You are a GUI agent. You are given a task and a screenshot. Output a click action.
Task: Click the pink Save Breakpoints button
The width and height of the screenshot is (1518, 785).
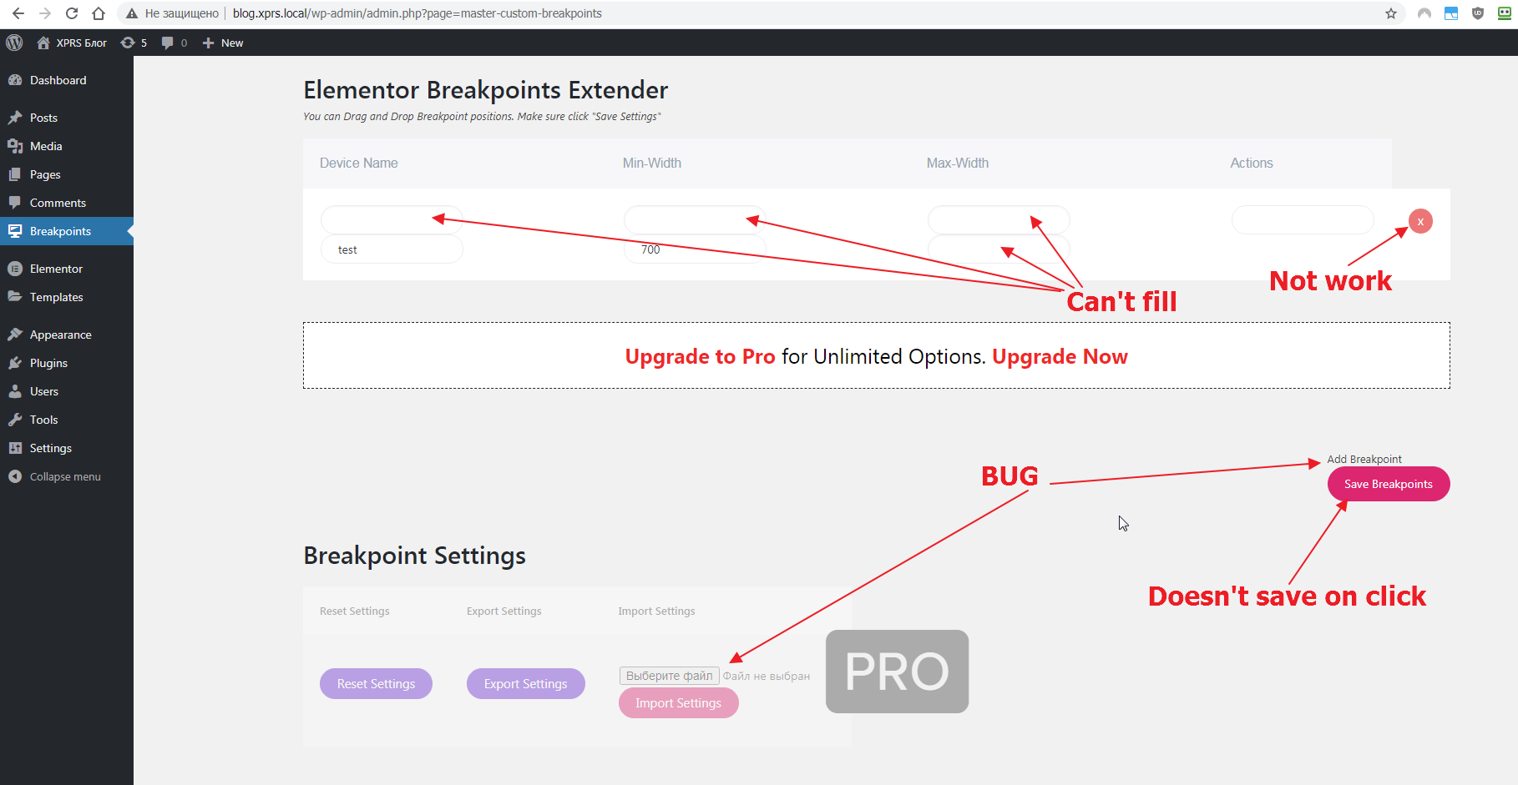[1389, 484]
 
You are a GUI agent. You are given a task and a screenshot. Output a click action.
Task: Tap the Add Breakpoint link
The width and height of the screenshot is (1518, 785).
[1364, 459]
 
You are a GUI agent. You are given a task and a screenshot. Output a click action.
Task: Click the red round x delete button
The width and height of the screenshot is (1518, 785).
[1420, 221]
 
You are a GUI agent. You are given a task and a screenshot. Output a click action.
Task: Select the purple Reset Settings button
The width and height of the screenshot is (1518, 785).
[376, 684]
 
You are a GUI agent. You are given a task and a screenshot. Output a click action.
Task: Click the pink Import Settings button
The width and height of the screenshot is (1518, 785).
[678, 703]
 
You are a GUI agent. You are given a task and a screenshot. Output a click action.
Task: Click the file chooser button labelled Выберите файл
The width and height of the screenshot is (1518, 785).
[669, 676]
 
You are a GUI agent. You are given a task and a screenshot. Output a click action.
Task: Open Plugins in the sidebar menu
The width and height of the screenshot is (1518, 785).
[48, 363]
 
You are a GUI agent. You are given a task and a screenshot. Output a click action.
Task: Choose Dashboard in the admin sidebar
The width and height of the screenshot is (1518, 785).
[58, 80]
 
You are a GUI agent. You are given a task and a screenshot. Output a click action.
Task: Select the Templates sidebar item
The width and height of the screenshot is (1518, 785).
[56, 297]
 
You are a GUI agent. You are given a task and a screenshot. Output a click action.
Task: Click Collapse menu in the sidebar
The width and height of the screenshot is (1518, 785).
[65, 476]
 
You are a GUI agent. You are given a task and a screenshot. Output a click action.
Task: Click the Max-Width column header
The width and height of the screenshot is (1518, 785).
[957, 164]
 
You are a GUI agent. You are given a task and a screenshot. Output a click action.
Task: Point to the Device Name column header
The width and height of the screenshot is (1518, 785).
[358, 164]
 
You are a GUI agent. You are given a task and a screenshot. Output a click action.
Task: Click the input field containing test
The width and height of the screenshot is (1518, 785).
[392, 249]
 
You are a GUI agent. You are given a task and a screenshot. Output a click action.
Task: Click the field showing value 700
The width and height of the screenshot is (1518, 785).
[695, 249]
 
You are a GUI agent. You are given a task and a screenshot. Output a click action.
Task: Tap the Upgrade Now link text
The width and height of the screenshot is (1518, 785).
[1060, 356]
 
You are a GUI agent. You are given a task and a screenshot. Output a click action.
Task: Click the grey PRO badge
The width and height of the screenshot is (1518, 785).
[897, 672]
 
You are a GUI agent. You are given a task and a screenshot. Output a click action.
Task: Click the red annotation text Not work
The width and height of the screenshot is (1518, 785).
[1330, 281]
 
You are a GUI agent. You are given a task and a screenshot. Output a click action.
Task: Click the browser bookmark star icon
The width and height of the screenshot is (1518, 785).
[1391, 13]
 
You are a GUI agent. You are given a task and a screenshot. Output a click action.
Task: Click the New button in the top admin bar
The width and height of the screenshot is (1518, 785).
[223, 43]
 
